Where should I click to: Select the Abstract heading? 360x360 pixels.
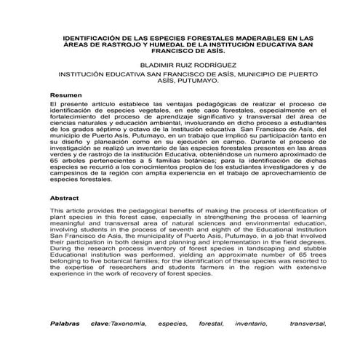pos(64,198)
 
